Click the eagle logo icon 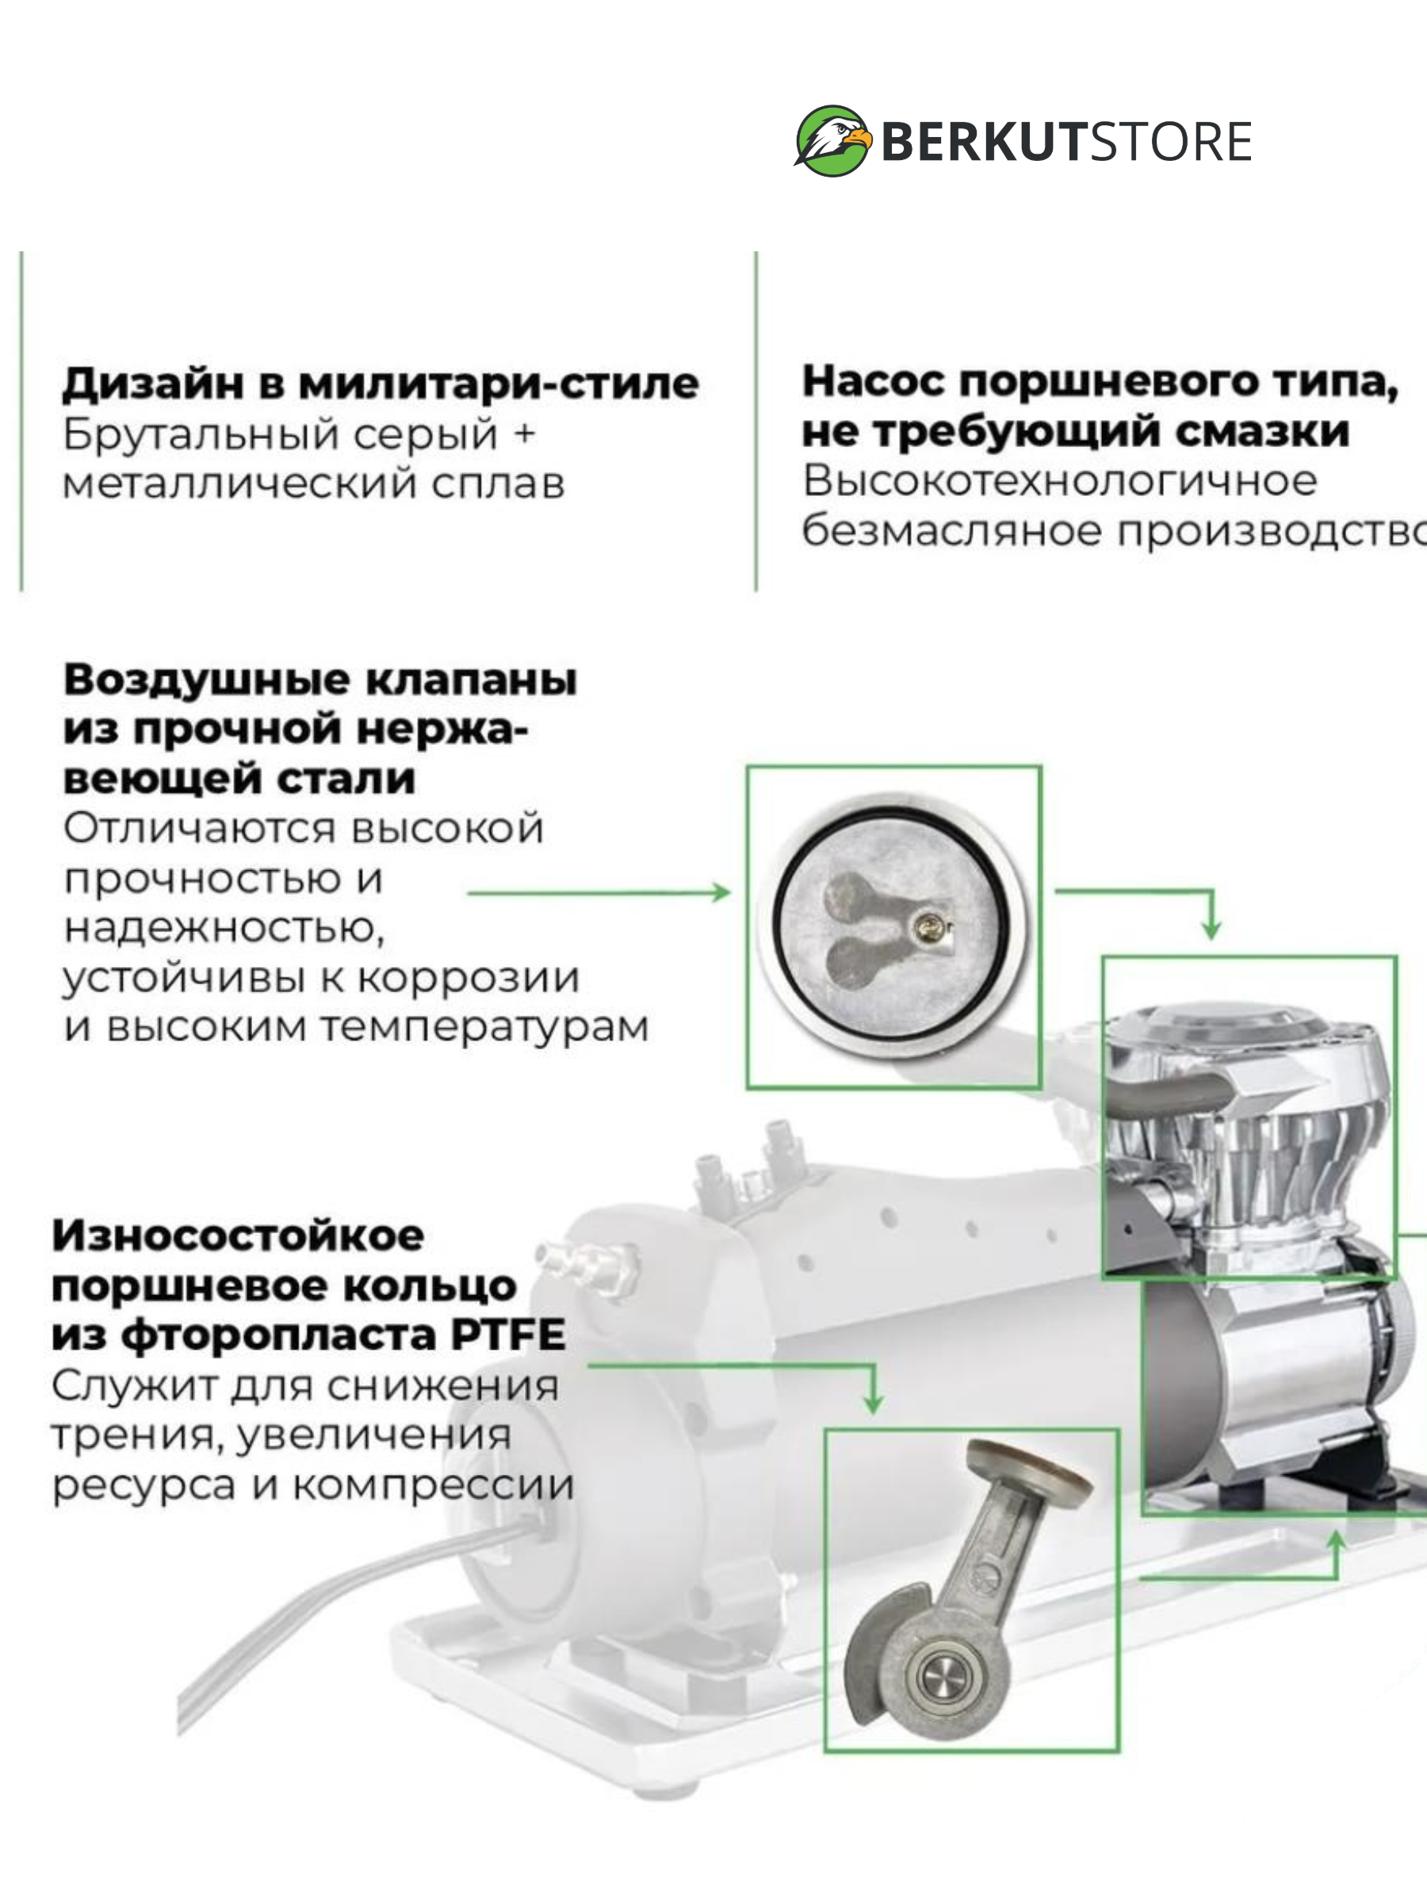pyautogui.click(x=832, y=142)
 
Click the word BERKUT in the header pyautogui.click(x=982, y=142)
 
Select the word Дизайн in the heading pyautogui.click(x=153, y=384)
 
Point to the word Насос pyautogui.click(x=874, y=381)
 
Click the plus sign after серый pyautogui.click(x=524, y=433)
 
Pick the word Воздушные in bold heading pyautogui.click(x=207, y=681)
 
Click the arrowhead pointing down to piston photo pyautogui.click(x=873, y=1404)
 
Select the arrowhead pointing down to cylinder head pyautogui.click(x=1211, y=929)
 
